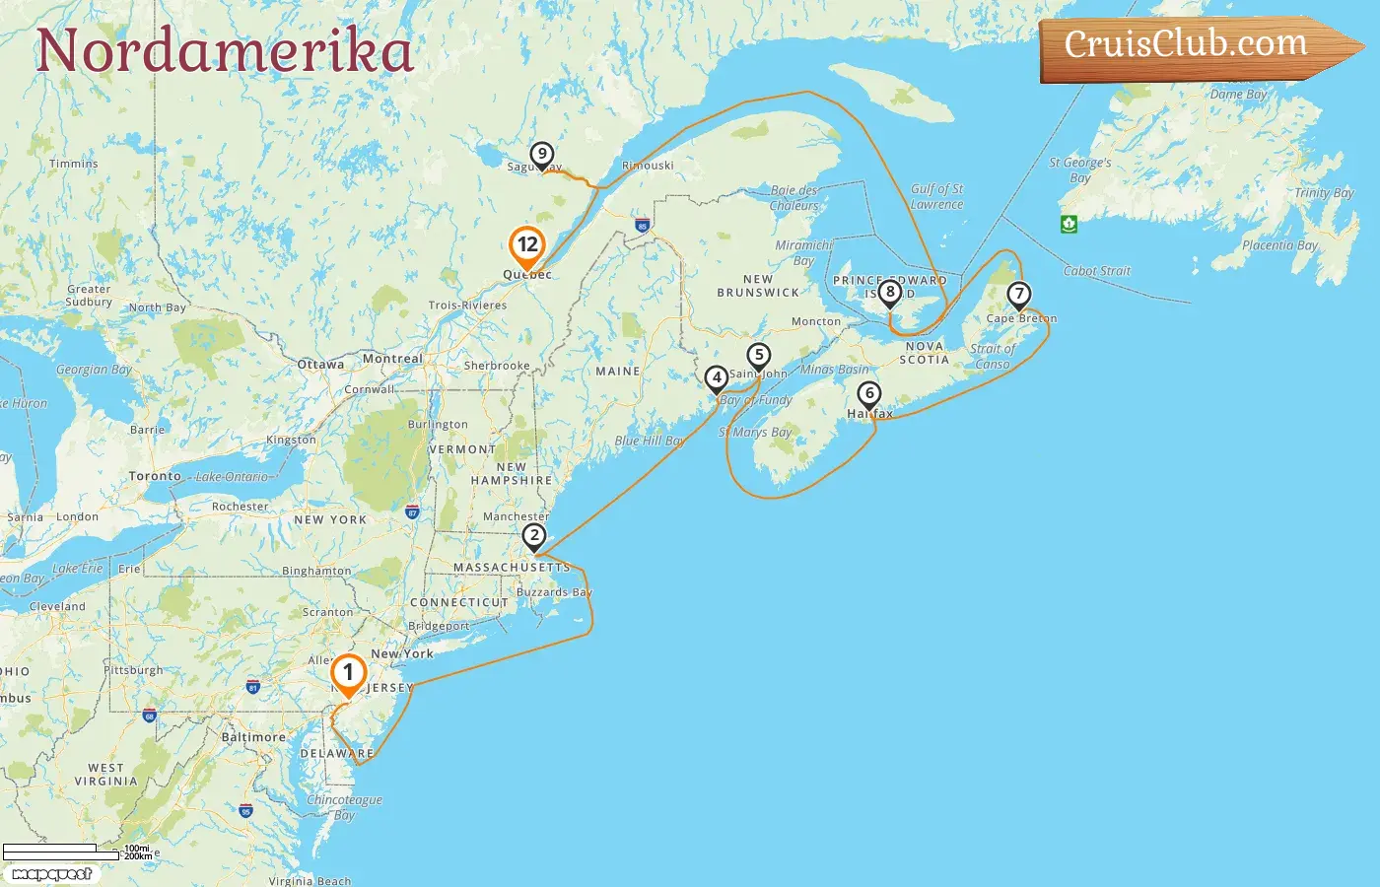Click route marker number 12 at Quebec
coord(527,245)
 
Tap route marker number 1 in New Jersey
coord(348,673)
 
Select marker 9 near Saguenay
coord(541,155)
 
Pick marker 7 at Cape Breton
coord(1018,294)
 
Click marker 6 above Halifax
coord(868,394)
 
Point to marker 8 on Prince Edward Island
coord(890,292)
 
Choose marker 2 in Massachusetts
coord(533,536)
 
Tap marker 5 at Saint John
coord(758,355)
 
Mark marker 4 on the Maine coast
coord(717,377)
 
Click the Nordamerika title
coord(225,50)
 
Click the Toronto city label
coord(155,476)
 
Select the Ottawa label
coord(320,365)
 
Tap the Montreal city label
coord(392,359)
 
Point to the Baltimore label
coord(253,737)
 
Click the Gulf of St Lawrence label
coord(936,196)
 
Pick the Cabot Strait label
coord(1097,271)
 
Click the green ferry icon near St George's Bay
coord(1069,224)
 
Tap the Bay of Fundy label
coord(756,400)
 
